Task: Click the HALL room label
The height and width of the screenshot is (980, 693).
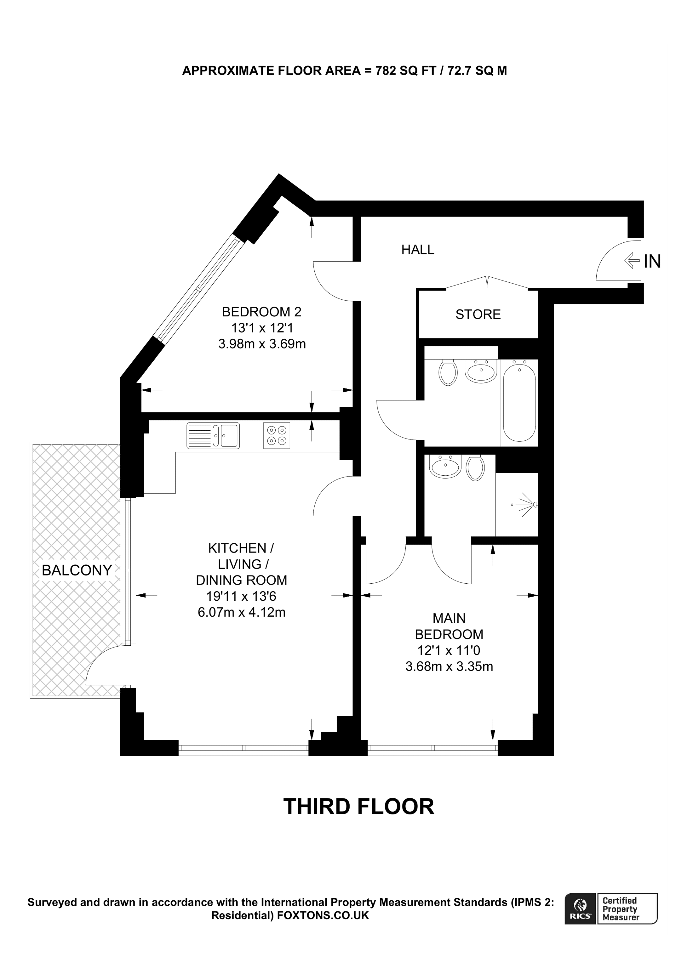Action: [x=418, y=250]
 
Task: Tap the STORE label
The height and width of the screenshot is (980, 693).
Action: [x=478, y=314]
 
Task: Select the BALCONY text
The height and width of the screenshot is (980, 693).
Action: [x=77, y=570]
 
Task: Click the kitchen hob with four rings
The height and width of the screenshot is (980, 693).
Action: [x=277, y=435]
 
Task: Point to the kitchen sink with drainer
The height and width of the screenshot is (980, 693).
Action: [x=213, y=435]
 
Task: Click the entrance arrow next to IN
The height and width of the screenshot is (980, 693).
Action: [x=632, y=260]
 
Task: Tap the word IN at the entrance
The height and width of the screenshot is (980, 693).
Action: [x=652, y=262]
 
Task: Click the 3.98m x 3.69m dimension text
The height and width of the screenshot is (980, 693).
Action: [x=262, y=344]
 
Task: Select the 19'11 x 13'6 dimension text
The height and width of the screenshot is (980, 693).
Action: [x=241, y=596]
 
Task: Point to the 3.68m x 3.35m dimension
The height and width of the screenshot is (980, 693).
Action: [x=449, y=667]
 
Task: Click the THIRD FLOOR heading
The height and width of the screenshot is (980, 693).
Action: [x=359, y=807]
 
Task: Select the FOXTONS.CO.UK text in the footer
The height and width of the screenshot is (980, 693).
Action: [x=323, y=915]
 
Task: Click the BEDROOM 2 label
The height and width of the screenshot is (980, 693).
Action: [x=261, y=312]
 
